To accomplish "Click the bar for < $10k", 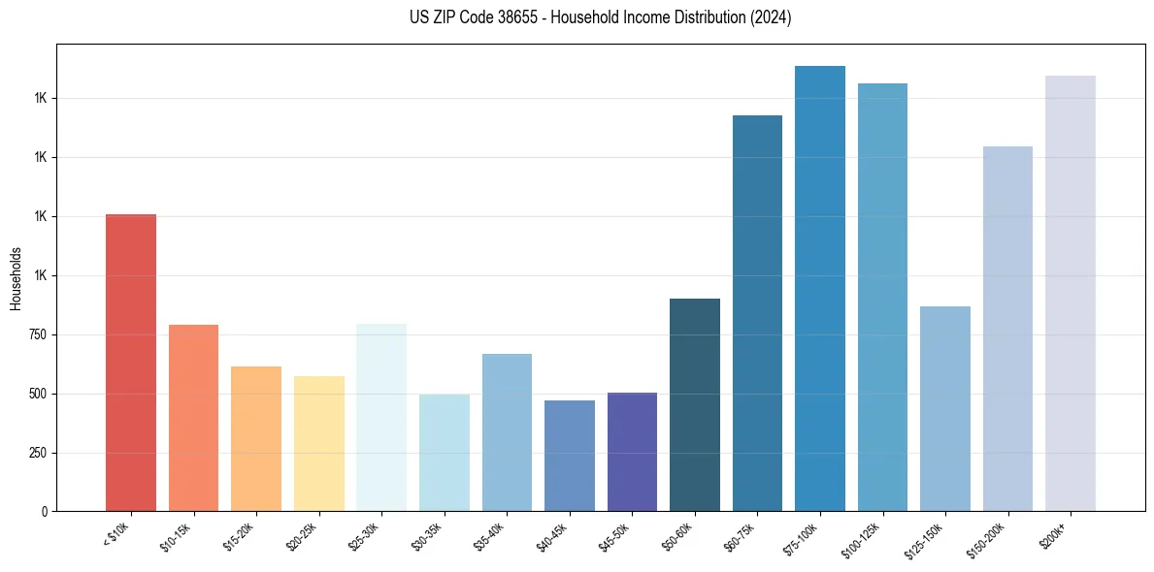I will tap(131, 363).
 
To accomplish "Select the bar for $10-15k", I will tap(193, 418).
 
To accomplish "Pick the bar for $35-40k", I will tap(507, 432).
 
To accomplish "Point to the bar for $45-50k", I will tap(632, 452).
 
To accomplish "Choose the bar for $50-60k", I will tap(695, 405).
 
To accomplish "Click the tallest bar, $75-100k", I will tap(820, 289).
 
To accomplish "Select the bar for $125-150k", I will tap(945, 409).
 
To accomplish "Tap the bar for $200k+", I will tap(1071, 294).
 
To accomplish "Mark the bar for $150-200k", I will tap(1007, 329).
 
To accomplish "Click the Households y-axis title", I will tap(16, 278).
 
